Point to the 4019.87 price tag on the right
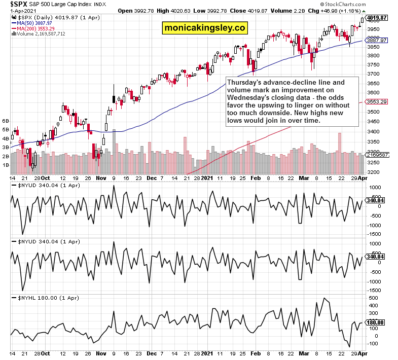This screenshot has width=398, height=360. (377, 17)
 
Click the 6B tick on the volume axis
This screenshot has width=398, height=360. (6, 121)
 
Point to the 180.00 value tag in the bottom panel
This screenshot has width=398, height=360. (376, 322)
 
